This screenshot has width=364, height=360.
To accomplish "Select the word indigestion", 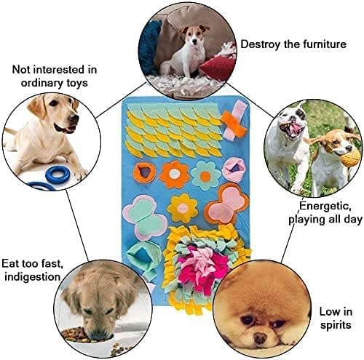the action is click(32, 277).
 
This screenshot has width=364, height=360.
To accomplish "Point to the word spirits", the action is click(336, 325).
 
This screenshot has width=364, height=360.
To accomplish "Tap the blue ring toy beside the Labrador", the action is click(58, 175).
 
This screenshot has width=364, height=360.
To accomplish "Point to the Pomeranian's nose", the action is click(260, 338).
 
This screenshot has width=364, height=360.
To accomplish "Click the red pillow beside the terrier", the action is click(217, 67).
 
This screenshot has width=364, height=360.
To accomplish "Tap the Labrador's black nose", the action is click(74, 118).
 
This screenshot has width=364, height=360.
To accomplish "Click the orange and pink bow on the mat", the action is click(234, 121).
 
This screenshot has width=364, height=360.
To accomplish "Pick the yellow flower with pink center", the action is click(183, 208).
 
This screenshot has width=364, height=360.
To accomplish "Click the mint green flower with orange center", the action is click(205, 175).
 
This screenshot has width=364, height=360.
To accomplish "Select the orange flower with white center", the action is click(174, 174).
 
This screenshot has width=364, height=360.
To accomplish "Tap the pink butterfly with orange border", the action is click(227, 204).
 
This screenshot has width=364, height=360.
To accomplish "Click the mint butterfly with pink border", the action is click(145, 217).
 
